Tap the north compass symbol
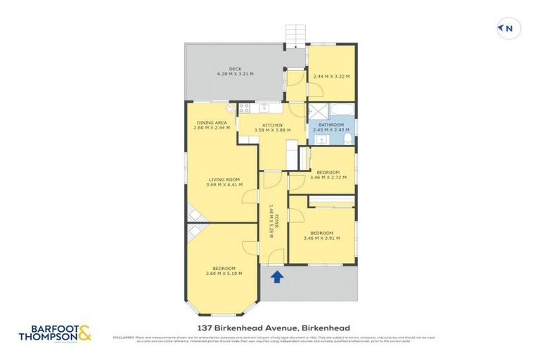tap(508, 29)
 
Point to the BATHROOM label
tap(331, 125)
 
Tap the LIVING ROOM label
tap(223, 180)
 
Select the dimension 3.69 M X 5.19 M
tap(224, 274)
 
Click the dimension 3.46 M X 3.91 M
tap(321, 238)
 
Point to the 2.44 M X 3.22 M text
tap(331, 76)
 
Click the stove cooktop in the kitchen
tap(245, 108)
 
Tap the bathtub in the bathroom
tap(343, 110)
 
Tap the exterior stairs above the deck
tap(296, 34)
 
